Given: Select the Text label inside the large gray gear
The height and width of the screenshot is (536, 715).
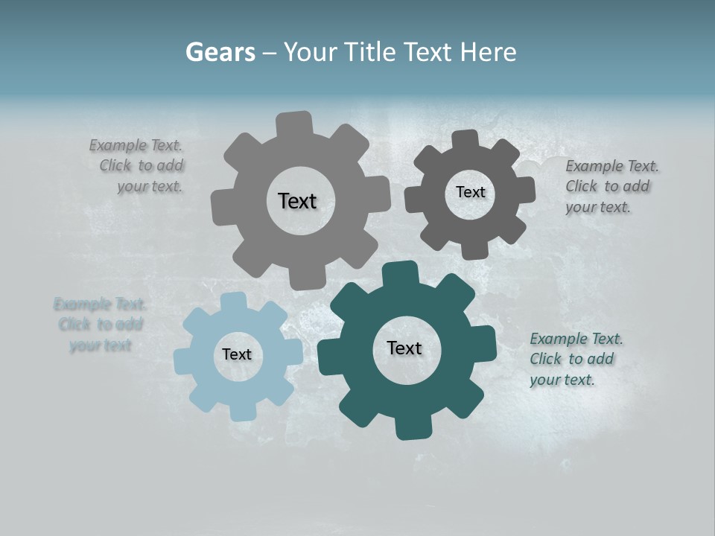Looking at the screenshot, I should coord(297,201).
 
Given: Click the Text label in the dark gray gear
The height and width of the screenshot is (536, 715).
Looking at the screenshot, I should coord(470,192).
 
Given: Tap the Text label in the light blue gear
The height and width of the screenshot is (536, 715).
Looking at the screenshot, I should coord(237,354).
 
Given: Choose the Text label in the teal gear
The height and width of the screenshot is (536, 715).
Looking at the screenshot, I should coord(404,348).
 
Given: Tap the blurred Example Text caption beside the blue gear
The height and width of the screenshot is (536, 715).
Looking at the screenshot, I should coord(100,325).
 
